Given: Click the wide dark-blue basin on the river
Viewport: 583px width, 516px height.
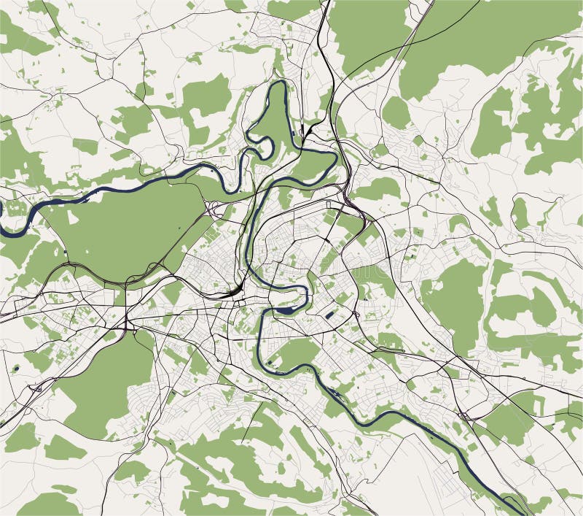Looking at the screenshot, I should pos(285,309).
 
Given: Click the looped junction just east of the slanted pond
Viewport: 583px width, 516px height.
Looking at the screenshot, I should pos(356,315).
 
